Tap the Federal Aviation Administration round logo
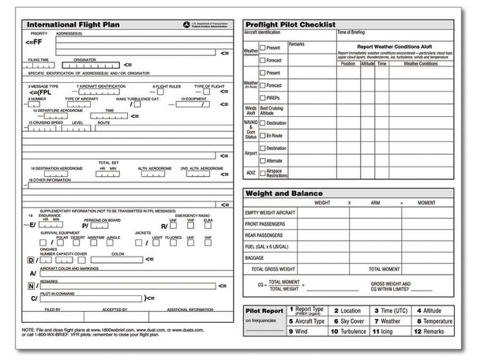tap(186, 24)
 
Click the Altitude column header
tap(367, 63)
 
